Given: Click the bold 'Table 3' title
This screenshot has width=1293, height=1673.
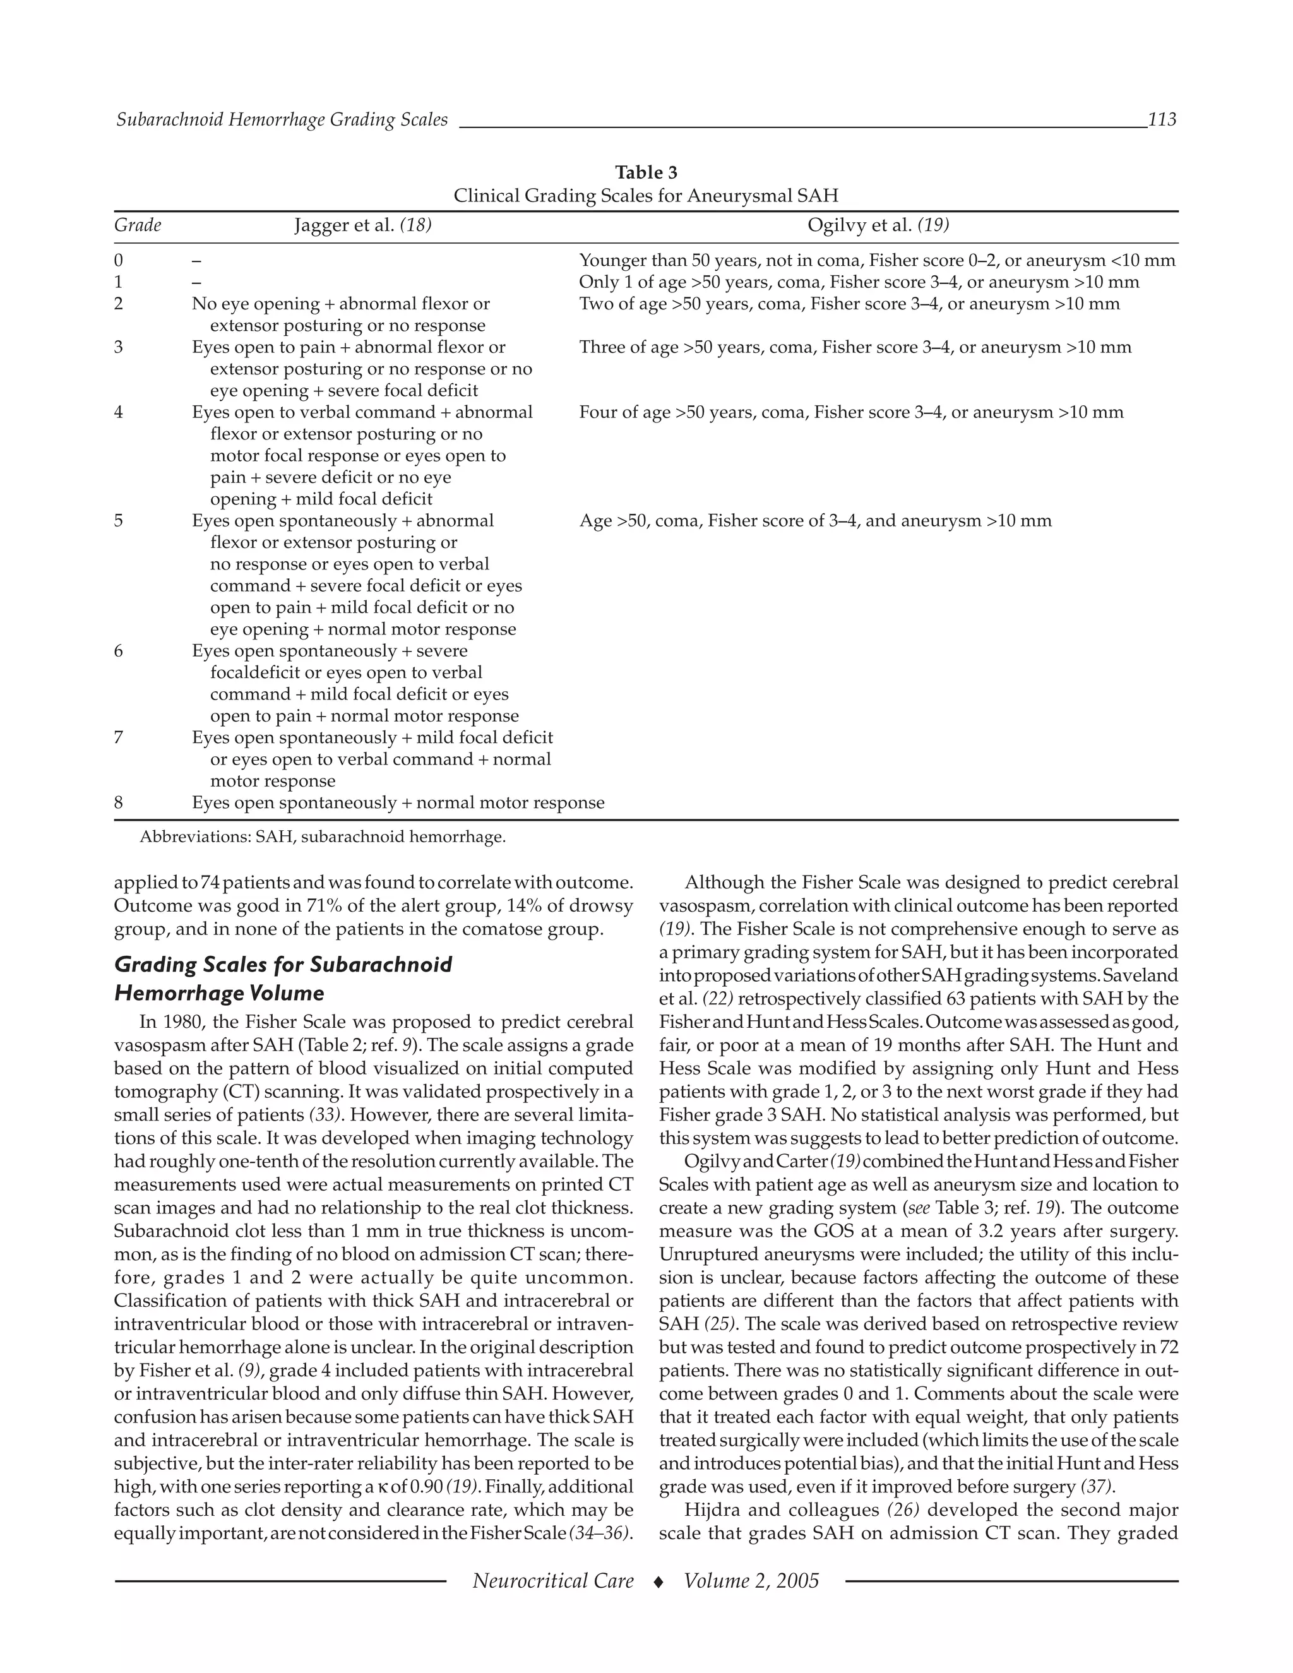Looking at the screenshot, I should point(646,172).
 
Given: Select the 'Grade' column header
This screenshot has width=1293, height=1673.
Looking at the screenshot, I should point(138,225).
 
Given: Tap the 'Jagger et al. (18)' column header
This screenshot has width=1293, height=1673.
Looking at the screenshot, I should point(363,225).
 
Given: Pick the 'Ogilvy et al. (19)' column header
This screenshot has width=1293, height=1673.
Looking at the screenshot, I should point(878,225).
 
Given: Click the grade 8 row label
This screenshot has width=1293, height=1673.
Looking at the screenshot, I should point(119,803).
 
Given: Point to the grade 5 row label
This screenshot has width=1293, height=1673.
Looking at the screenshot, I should point(119,521).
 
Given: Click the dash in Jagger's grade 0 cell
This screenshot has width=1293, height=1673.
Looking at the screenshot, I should point(197,261).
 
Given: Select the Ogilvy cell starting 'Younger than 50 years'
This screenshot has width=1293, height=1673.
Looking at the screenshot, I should point(876,261).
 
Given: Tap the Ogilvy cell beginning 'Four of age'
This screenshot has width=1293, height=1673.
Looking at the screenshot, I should point(851,413).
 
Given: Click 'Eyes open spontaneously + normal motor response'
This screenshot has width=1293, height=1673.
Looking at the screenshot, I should point(398,803).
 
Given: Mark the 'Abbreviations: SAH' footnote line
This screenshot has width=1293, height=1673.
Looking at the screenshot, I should point(323,837).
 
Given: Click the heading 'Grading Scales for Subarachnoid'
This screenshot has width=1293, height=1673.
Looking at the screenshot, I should point(283,965).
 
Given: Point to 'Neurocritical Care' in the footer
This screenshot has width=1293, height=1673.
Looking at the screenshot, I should point(553,1581).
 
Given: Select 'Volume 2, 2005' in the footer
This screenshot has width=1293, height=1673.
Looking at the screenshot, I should point(751,1581).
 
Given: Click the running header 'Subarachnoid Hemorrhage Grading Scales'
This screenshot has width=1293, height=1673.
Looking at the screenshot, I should point(282,119).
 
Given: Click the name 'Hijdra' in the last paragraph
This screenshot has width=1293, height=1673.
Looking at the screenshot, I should point(712,1510).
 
